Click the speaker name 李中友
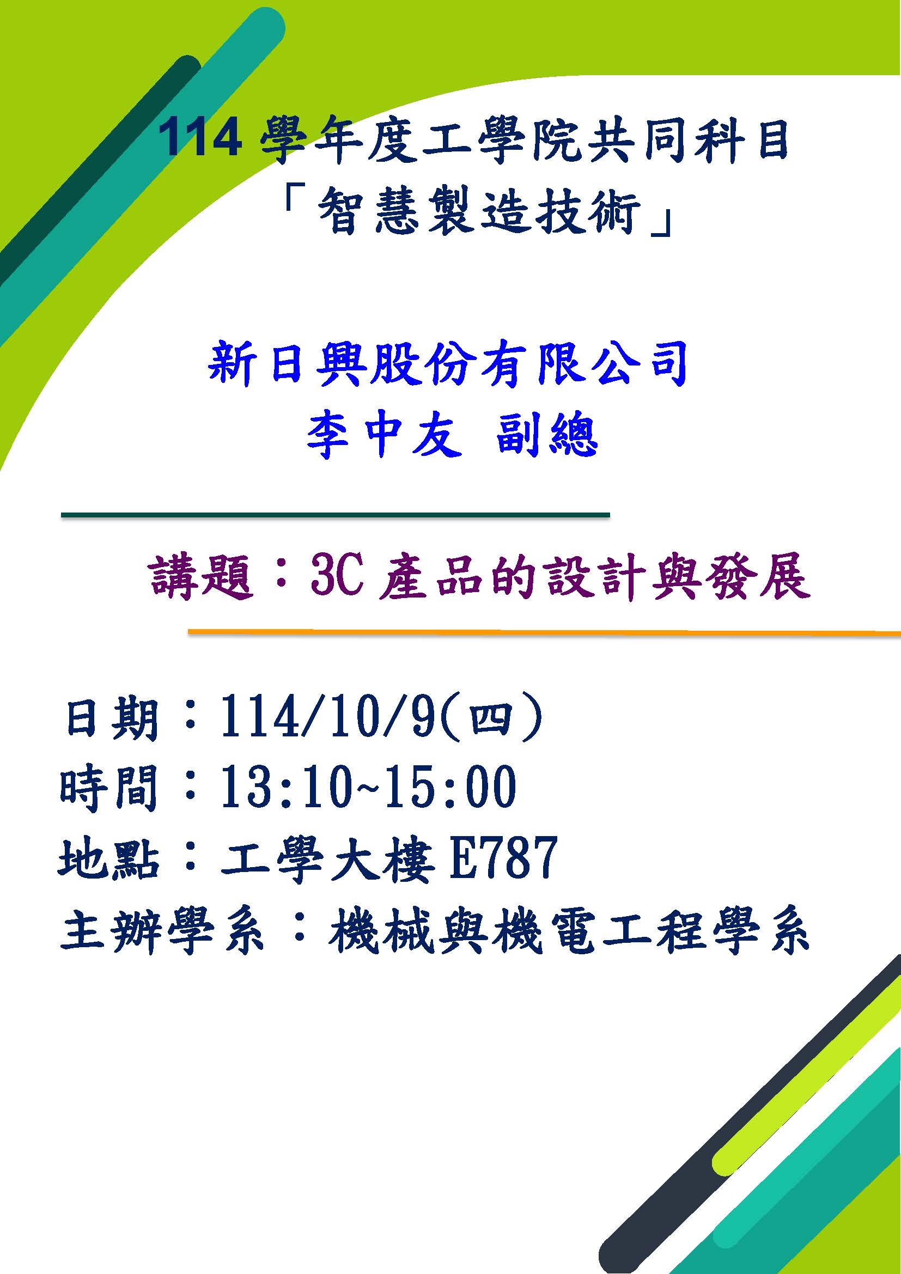[x=385, y=437]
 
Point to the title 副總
[x=546, y=437]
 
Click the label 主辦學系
[x=161, y=930]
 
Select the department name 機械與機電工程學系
[x=568, y=930]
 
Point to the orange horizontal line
[x=544, y=631]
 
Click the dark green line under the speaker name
[x=335, y=515]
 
